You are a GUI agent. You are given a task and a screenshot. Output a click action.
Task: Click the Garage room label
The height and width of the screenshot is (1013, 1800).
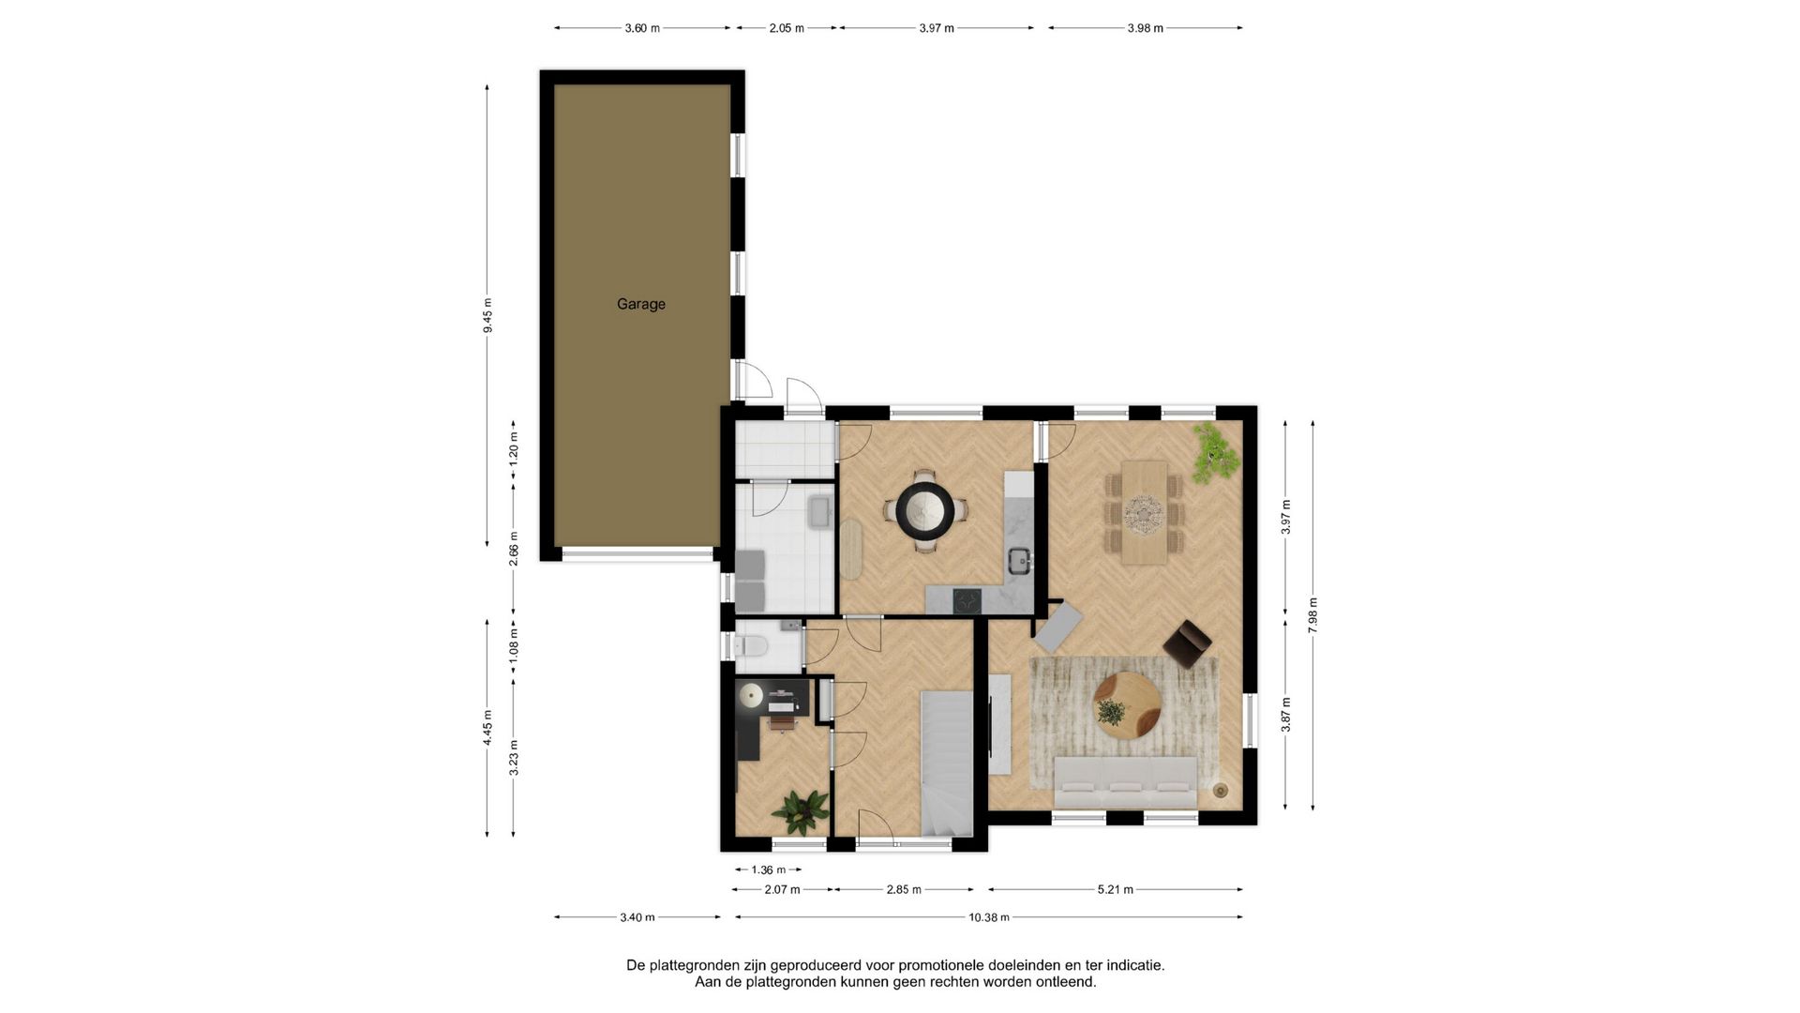pos(641,304)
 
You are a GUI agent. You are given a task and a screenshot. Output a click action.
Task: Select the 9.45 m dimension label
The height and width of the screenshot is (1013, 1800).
pos(487,315)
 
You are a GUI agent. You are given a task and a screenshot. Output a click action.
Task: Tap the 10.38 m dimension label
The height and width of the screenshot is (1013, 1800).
pos(989,917)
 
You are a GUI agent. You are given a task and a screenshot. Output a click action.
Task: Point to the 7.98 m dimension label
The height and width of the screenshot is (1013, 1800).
pos(1312,615)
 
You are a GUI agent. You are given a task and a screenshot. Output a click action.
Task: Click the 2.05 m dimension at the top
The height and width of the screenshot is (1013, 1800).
pos(787,28)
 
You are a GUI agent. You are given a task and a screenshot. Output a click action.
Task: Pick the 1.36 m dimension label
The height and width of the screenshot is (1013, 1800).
pos(769,870)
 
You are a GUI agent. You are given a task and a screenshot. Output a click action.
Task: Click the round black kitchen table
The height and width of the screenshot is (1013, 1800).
pos(925,510)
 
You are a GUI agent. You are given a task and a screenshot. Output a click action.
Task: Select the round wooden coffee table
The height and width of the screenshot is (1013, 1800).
pos(1127,705)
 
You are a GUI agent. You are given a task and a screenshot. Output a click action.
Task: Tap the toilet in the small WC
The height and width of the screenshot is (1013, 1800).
pos(752,645)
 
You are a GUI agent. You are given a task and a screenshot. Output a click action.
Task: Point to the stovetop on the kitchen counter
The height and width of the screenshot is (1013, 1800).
pos(967,600)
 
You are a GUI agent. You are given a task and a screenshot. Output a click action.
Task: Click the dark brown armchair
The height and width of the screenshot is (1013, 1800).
pos(1187,643)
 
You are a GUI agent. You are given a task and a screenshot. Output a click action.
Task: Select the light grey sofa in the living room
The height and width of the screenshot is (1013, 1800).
pos(1126,782)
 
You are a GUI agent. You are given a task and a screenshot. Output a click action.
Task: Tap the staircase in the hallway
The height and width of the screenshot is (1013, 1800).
pos(947,764)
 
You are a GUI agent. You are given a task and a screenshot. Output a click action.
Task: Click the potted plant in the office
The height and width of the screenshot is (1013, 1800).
pos(801,811)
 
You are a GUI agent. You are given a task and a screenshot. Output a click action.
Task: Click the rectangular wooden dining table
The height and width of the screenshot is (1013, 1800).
pos(1144,512)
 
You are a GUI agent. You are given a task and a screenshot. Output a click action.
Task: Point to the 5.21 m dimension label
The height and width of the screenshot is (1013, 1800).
pos(1116,890)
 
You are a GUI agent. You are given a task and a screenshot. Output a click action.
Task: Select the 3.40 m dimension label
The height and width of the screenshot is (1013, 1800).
pos(637,917)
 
